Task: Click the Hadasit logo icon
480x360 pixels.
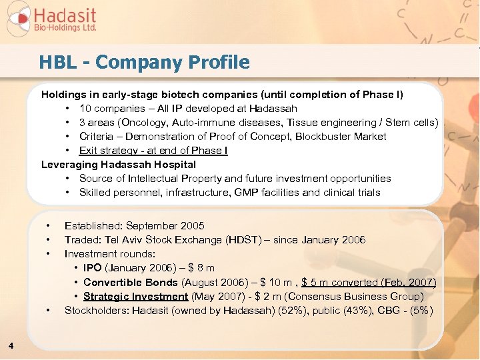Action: [18, 19]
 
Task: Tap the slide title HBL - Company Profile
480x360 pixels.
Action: [144, 63]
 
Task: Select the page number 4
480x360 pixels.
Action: [11, 345]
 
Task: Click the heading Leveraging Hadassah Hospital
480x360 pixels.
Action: [119, 164]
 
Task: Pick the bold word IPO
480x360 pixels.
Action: [93, 268]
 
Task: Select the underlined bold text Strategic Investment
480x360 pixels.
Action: [136, 296]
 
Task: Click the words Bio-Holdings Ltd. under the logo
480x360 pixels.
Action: [65, 28]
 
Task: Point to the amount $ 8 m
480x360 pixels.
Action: [200, 268]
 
